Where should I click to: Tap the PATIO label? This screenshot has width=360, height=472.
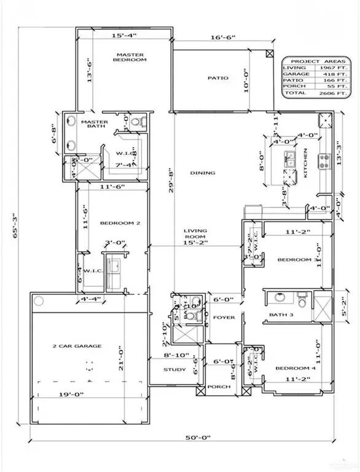tap(218, 78)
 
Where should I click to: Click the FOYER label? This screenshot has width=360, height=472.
tap(221, 317)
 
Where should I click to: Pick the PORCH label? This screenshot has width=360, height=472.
tap(219, 387)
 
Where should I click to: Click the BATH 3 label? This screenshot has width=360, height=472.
tap(280, 315)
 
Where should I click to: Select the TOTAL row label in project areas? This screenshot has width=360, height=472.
tap(294, 93)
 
